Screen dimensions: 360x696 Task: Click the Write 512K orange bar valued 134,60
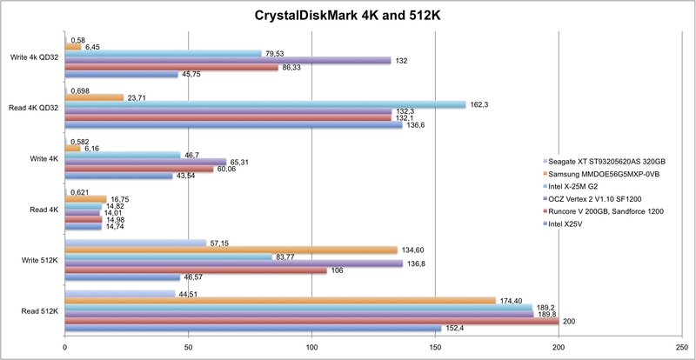coord(231,250)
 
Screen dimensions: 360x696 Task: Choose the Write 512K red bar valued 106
coord(196,270)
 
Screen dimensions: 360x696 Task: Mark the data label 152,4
coord(453,328)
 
